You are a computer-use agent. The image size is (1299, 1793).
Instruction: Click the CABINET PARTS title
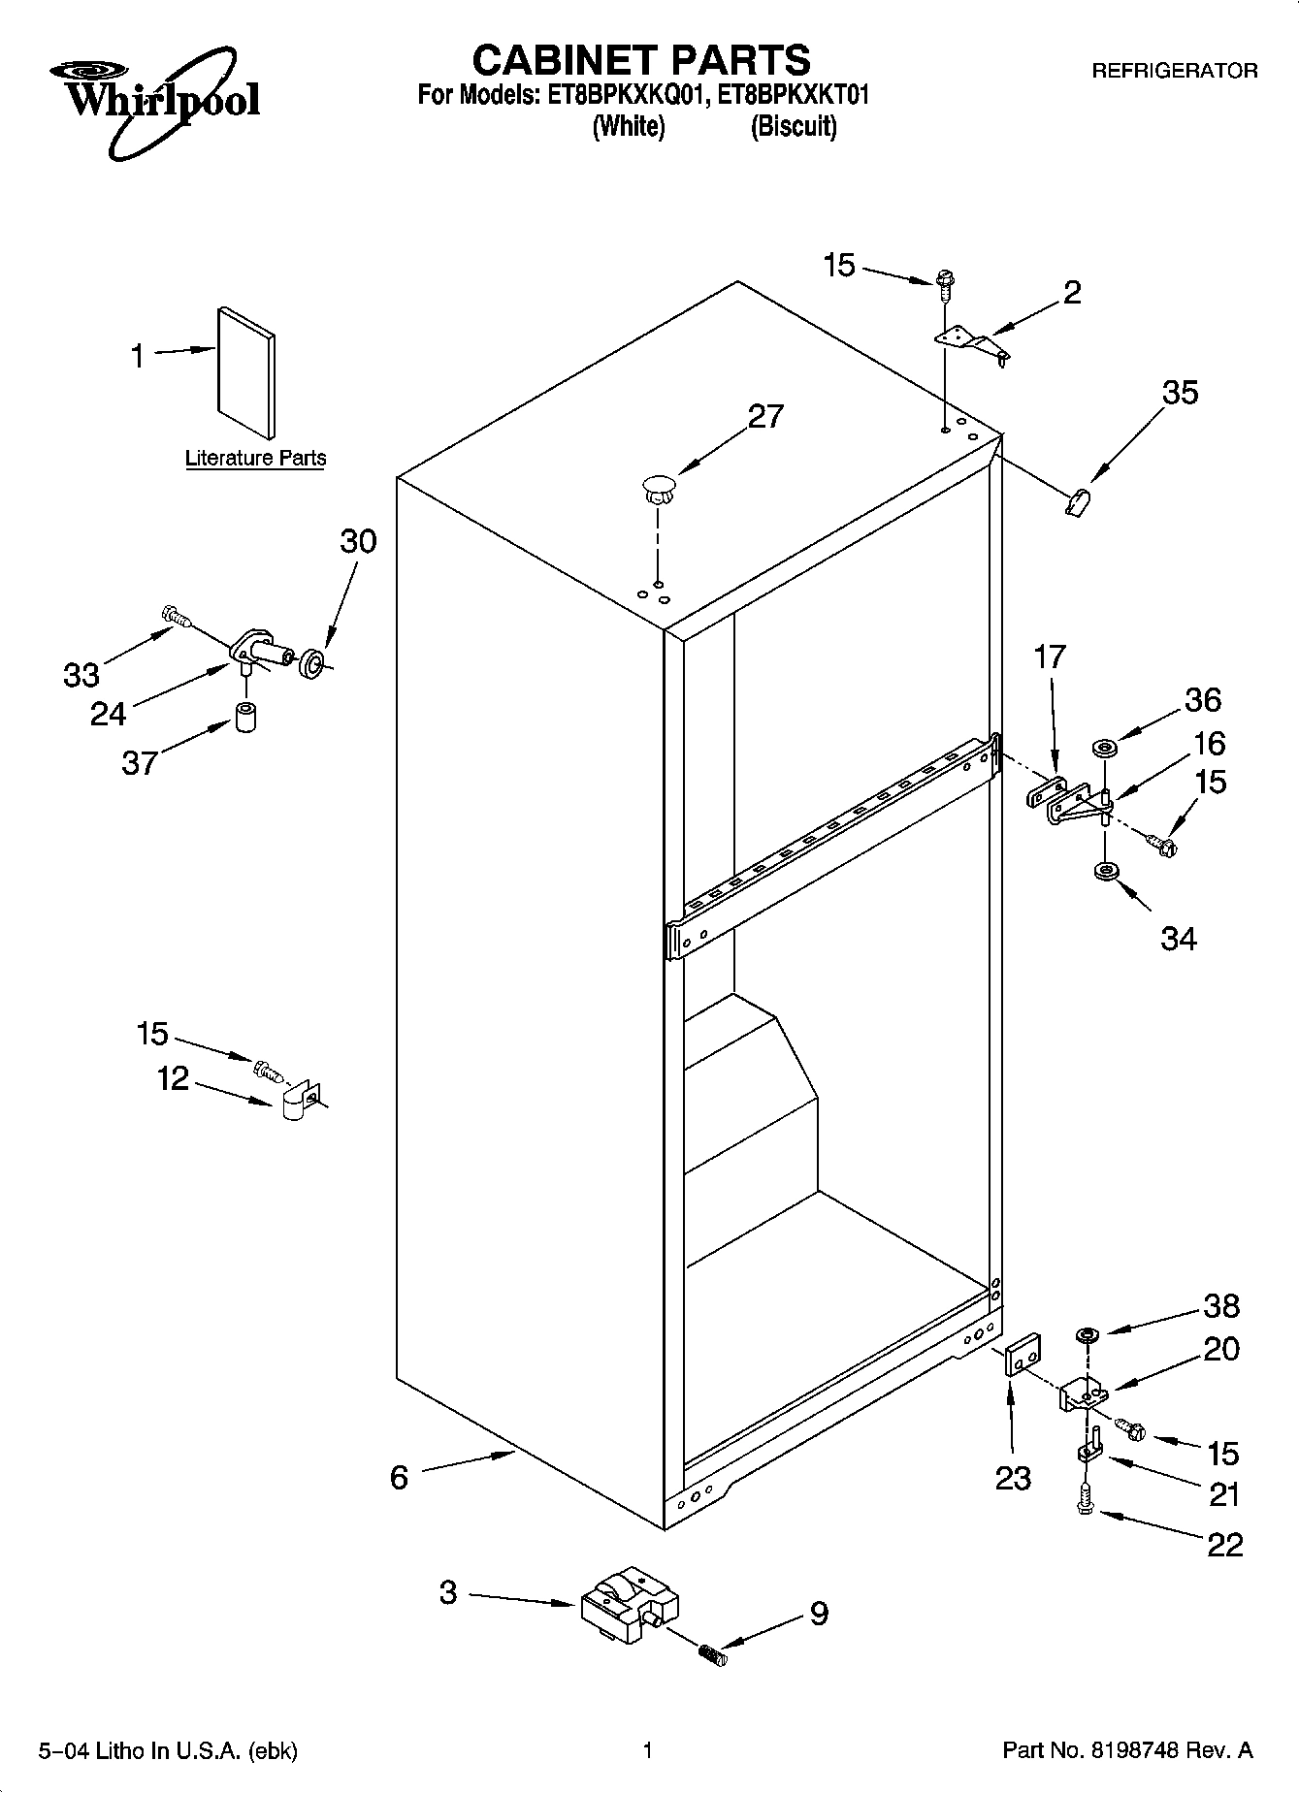[640, 60]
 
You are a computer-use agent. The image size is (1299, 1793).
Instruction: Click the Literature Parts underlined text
[255, 458]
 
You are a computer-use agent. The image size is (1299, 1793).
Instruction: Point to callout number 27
[764, 416]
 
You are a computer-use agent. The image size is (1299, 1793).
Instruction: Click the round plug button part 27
[658, 487]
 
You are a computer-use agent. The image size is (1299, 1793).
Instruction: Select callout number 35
[1179, 393]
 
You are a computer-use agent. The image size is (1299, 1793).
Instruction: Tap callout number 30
[357, 540]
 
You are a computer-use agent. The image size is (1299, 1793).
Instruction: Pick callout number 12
[173, 1077]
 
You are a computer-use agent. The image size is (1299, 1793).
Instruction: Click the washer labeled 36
[1104, 748]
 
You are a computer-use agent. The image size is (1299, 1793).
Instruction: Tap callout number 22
[1224, 1544]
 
